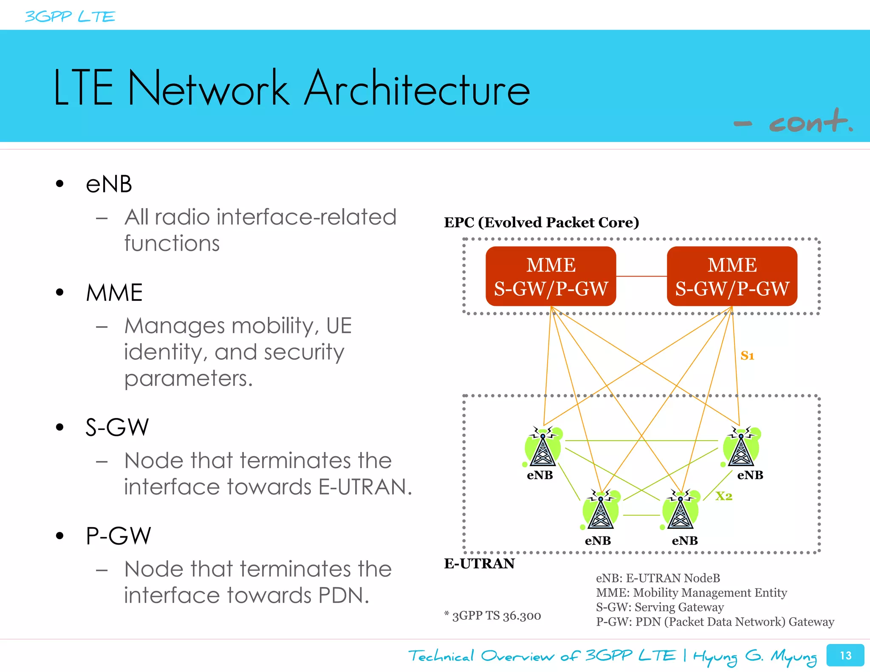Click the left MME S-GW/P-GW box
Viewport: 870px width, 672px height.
pyautogui.click(x=551, y=276)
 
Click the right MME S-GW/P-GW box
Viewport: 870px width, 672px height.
pyautogui.click(x=732, y=276)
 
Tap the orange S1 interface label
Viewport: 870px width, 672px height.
pyautogui.click(x=747, y=356)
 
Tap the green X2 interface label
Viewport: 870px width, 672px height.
pyautogui.click(x=723, y=496)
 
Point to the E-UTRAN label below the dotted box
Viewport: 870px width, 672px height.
pyautogui.click(x=479, y=564)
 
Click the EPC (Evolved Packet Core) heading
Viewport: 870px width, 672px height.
pyautogui.click(x=541, y=223)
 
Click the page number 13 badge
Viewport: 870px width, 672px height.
pyautogui.click(x=845, y=655)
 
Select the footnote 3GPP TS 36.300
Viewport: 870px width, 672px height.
pyautogui.click(x=493, y=616)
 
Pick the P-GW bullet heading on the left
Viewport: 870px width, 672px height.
pyautogui.click(x=118, y=536)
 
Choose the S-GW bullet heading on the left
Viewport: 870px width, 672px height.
pyautogui.click(x=117, y=427)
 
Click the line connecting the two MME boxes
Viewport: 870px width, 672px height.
pyautogui.click(x=641, y=276)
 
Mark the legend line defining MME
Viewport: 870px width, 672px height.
pyautogui.click(x=691, y=593)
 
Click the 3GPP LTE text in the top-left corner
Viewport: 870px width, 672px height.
pyautogui.click(x=70, y=17)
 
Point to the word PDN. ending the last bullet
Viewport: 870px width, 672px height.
pyautogui.click(x=343, y=595)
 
